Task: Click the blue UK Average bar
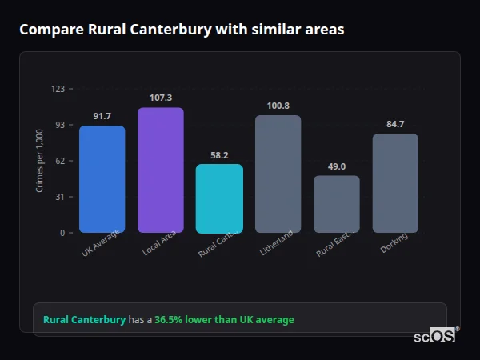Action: [102, 179]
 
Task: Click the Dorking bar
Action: [395, 183]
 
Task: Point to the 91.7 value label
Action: [102, 116]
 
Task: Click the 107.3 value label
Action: [160, 98]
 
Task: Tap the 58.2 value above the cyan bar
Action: [219, 155]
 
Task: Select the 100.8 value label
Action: [278, 106]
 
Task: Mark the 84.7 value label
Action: [395, 124]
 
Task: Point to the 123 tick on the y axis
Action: [58, 89]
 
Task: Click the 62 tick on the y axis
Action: [60, 161]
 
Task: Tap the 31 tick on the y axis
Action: [60, 197]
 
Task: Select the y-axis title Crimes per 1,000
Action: [40, 161]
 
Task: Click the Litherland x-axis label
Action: [277, 243]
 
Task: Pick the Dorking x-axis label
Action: [394, 242]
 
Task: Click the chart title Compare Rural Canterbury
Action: [182, 30]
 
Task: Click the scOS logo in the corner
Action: [435, 336]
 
